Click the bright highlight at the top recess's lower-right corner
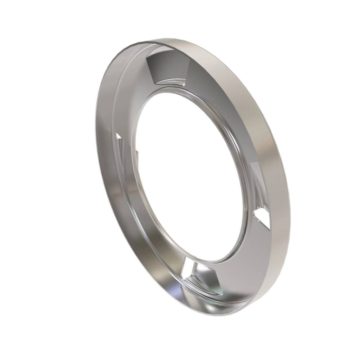[x=181, y=77]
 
